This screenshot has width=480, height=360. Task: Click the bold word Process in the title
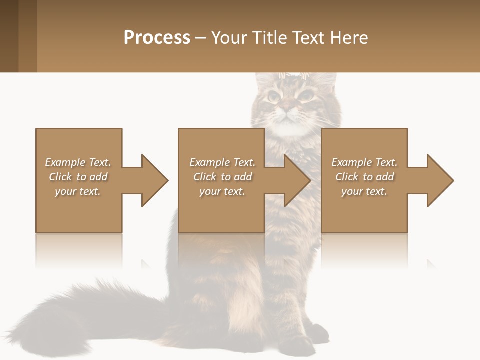pos(157,38)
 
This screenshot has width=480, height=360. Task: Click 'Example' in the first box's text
pos(65,162)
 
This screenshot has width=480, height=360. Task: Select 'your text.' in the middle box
pos(222,191)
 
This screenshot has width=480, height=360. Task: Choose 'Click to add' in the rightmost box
pos(364,177)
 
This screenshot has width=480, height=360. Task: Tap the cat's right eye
pos(305,95)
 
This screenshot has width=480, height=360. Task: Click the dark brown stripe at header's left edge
pos(9,36)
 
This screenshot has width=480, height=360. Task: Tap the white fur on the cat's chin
pos(287,127)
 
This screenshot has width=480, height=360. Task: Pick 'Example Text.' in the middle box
pos(222,162)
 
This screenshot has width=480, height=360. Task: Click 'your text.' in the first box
pos(77,191)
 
